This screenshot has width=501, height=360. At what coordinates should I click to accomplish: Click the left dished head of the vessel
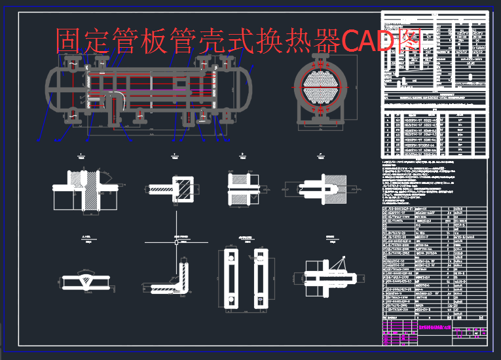50,90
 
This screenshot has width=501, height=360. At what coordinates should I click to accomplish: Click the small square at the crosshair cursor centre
177,242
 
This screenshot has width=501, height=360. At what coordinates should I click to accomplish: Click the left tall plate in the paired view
231,278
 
